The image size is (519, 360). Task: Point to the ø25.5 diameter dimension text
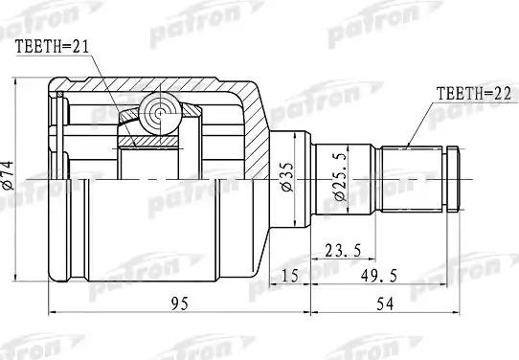(x=337, y=181)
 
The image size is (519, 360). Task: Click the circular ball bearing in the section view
(x=156, y=116)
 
